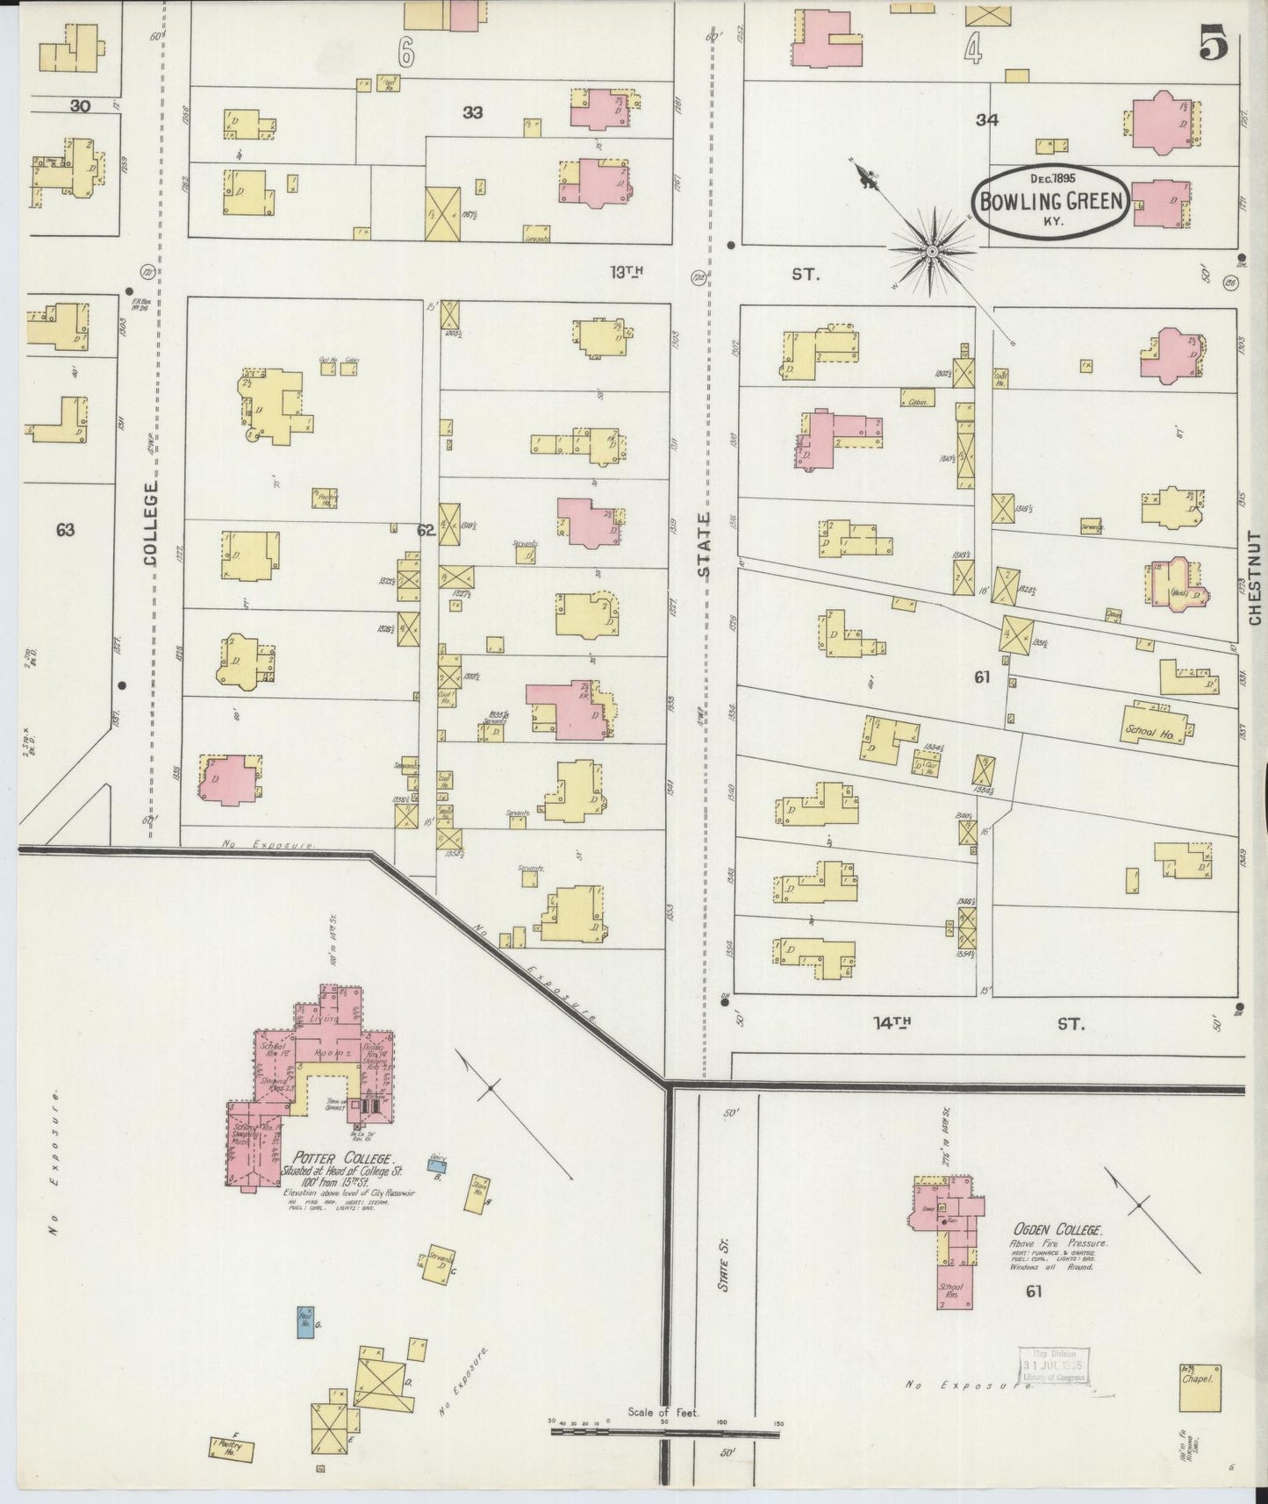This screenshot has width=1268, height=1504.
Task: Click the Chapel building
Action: coord(1200,1388)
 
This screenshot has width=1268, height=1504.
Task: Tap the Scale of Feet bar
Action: coord(664,1433)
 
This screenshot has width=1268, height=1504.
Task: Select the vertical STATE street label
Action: coord(705,544)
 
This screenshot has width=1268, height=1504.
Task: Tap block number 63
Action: coord(65,529)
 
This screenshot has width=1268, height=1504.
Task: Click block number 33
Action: coord(472,112)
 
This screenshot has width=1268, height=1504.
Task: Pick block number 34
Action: coord(987,120)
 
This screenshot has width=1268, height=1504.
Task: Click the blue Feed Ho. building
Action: coord(305,1323)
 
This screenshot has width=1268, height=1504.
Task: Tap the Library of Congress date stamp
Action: coord(1052,1366)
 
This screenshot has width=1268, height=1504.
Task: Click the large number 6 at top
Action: coord(405,52)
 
